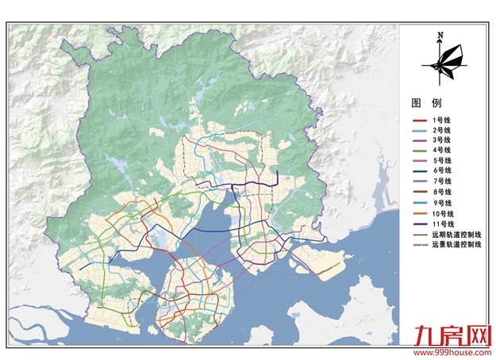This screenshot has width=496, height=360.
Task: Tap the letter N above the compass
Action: pyautogui.click(x=439, y=34)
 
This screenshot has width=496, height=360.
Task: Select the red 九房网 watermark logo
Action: pyautogui.click(x=450, y=336)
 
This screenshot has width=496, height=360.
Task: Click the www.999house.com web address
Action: pyautogui.click(x=450, y=352)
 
